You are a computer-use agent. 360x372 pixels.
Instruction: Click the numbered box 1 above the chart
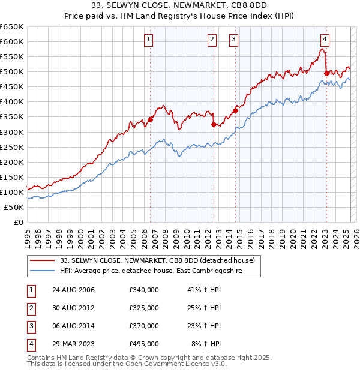point(148,40)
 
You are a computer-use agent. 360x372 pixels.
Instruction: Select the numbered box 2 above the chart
point(212,40)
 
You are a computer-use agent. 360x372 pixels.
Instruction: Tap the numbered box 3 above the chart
point(233,40)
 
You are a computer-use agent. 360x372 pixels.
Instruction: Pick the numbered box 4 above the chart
point(324,40)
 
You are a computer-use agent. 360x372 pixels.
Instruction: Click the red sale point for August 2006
point(150,119)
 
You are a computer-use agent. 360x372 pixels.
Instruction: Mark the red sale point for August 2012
point(214,124)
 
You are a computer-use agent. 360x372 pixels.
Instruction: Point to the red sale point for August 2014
point(235,110)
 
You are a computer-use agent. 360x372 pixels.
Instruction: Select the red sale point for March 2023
point(326,73)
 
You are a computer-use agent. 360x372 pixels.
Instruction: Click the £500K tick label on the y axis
point(12,71)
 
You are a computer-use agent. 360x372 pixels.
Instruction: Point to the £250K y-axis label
point(12,147)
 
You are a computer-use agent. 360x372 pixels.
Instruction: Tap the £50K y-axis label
point(14,207)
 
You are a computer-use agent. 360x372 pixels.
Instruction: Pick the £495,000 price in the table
point(144,344)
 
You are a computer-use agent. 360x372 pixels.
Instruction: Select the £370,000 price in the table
point(144,326)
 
